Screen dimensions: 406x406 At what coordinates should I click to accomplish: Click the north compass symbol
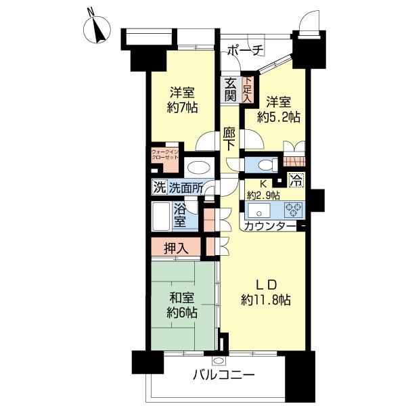[x=97, y=29]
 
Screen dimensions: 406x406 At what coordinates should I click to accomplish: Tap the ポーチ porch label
[x=245, y=51]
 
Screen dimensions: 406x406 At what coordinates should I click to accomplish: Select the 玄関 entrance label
[x=230, y=90]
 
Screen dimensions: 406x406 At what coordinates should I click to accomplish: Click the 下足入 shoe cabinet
[x=247, y=89]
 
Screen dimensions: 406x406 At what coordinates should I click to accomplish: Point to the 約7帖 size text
[x=182, y=108]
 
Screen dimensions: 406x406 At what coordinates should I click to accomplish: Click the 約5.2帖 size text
[x=278, y=117]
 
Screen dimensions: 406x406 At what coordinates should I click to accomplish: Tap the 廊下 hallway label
[x=229, y=140]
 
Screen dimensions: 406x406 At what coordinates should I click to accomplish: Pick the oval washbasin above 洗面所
[x=199, y=168]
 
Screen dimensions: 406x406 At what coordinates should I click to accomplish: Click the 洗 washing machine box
[x=159, y=187]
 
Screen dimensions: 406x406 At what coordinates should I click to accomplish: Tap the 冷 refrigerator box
[x=296, y=180]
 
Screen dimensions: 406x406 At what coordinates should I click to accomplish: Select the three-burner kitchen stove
[x=294, y=209]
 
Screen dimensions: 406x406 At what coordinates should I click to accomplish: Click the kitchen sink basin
[x=259, y=210]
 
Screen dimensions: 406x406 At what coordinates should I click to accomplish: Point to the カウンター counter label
[x=270, y=226]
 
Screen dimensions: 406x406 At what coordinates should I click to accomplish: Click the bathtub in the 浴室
[x=161, y=217]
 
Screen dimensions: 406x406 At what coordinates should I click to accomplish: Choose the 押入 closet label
[x=177, y=248]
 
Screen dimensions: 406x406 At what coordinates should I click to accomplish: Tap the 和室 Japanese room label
[x=182, y=298]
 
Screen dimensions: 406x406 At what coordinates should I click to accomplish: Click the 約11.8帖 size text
[x=266, y=300]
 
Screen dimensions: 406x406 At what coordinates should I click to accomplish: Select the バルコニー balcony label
[x=224, y=375]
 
